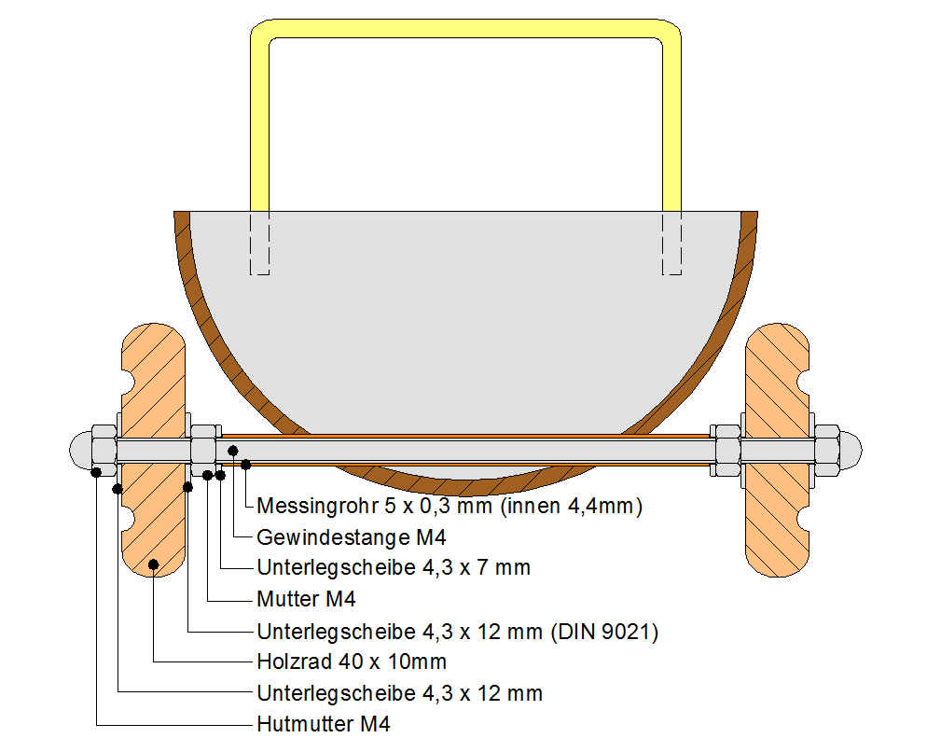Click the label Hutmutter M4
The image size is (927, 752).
(323, 724)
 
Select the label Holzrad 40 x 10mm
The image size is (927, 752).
(351, 661)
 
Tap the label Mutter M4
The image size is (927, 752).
(306, 598)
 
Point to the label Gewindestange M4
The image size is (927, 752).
(351, 536)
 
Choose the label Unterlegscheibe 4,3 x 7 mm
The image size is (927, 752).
(393, 567)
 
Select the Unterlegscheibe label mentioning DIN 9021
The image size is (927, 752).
(457, 631)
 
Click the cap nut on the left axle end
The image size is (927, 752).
(86, 452)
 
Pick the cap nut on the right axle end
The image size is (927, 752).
(845, 452)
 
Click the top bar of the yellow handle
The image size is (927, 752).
(466, 28)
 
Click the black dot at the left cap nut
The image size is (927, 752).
(97, 471)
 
